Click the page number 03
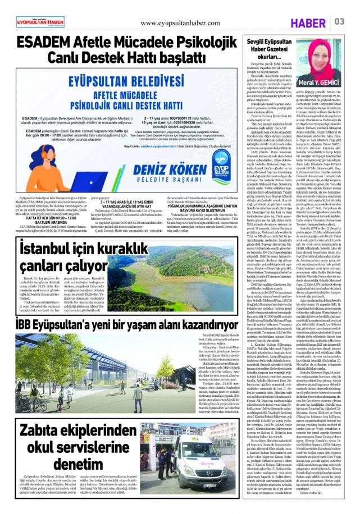(340, 21)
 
